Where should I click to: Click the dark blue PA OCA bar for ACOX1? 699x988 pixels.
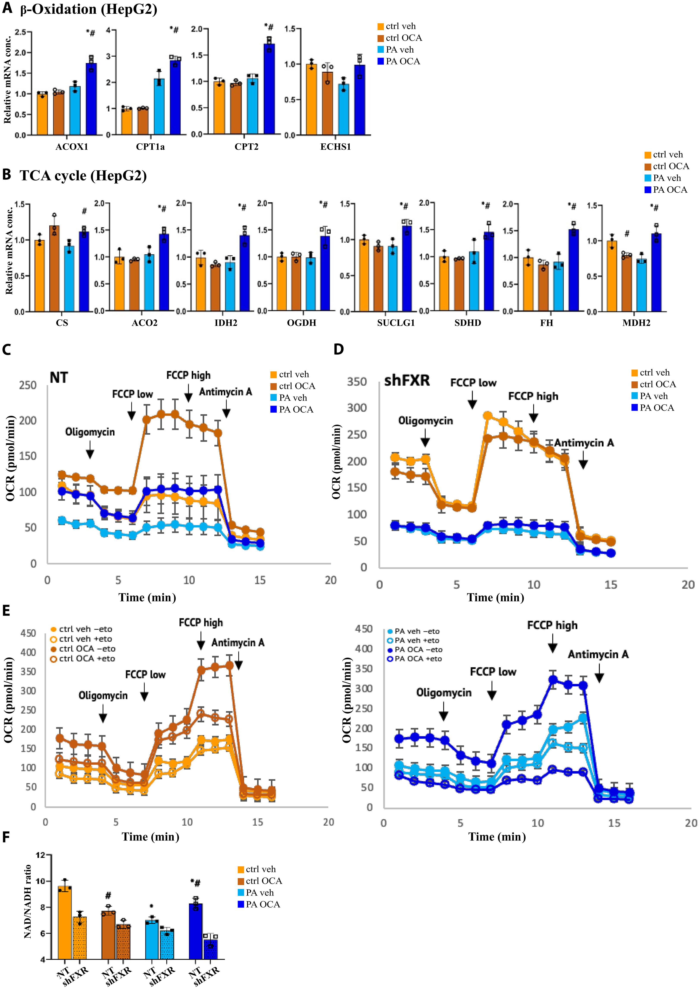[91, 99]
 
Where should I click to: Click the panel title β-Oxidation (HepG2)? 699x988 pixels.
[88, 9]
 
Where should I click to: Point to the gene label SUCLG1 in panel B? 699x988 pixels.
[396, 323]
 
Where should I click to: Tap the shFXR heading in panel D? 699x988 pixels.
[407, 381]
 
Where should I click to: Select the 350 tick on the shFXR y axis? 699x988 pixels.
[357, 382]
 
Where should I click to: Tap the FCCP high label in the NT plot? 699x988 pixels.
[188, 375]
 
